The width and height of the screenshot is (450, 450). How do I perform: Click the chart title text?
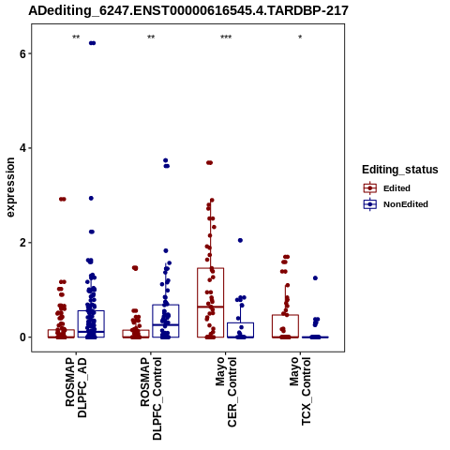(x=188, y=11)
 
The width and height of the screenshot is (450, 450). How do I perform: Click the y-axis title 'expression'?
(x=10, y=187)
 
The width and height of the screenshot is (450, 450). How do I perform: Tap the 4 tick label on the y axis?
(x=22, y=148)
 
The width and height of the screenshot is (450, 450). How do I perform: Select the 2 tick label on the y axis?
(x=22, y=243)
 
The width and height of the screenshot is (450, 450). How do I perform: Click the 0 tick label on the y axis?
(x=22, y=337)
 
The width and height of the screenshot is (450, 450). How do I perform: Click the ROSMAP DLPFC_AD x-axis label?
(x=76, y=387)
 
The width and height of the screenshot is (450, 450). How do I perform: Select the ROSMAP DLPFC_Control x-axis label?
(x=151, y=398)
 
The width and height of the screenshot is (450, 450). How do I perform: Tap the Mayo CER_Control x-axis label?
(x=226, y=392)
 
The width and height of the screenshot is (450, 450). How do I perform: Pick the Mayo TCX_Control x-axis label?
(x=300, y=391)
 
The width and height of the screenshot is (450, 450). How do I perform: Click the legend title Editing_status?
(x=399, y=170)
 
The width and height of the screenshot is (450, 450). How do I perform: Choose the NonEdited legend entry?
(x=396, y=204)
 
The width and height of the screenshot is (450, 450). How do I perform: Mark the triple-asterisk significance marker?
(x=226, y=37)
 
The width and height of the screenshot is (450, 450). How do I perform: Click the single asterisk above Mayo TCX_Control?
(x=300, y=37)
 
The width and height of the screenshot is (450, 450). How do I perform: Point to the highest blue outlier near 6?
(x=92, y=43)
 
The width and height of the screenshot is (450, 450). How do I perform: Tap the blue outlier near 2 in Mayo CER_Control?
(x=240, y=240)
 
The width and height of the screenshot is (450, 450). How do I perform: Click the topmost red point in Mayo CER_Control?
(x=209, y=162)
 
